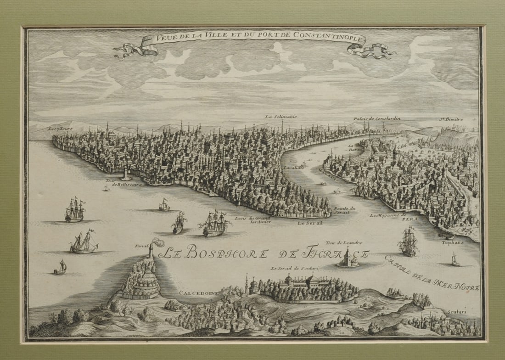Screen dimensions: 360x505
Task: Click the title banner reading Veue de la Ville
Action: click(x=252, y=39)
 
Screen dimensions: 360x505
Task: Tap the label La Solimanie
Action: click(x=281, y=117)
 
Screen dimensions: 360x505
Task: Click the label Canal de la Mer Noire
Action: click(x=432, y=274)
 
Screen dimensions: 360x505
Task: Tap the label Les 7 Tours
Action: click(x=58, y=129)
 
